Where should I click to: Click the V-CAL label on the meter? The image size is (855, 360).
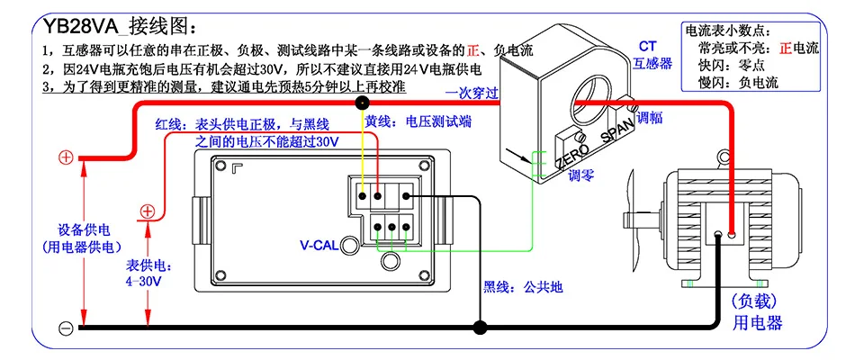click(319, 246)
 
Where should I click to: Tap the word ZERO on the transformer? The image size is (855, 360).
click(572, 156)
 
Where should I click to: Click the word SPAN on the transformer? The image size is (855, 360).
click(617, 130)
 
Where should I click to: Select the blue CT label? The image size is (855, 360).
click(648, 47)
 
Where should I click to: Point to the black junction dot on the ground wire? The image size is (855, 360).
click(480, 328)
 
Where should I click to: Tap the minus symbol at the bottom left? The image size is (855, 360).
click(66, 328)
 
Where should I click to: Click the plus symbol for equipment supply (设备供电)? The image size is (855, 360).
click(66, 158)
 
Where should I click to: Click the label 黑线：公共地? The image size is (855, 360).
click(523, 287)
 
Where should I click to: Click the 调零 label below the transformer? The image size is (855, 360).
click(580, 176)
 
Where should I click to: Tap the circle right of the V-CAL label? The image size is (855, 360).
click(349, 246)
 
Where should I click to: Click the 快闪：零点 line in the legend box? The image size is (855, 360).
click(731, 66)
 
